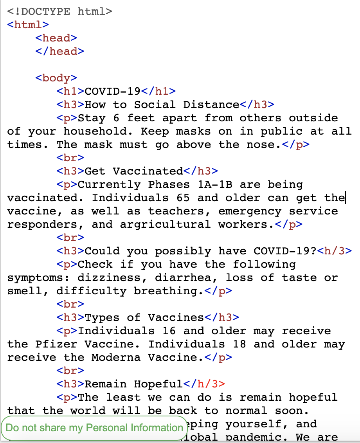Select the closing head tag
tap(59, 51)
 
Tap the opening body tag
tap(56, 78)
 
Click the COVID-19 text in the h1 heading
tap(113, 91)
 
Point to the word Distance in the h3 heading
tap(211, 104)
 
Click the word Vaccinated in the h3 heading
tap(148, 171)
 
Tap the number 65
tap(183, 198)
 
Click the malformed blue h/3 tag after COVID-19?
tap(334, 251)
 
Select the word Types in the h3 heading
tap(102, 317)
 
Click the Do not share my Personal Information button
tap(94, 428)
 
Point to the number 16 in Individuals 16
tap(169, 331)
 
